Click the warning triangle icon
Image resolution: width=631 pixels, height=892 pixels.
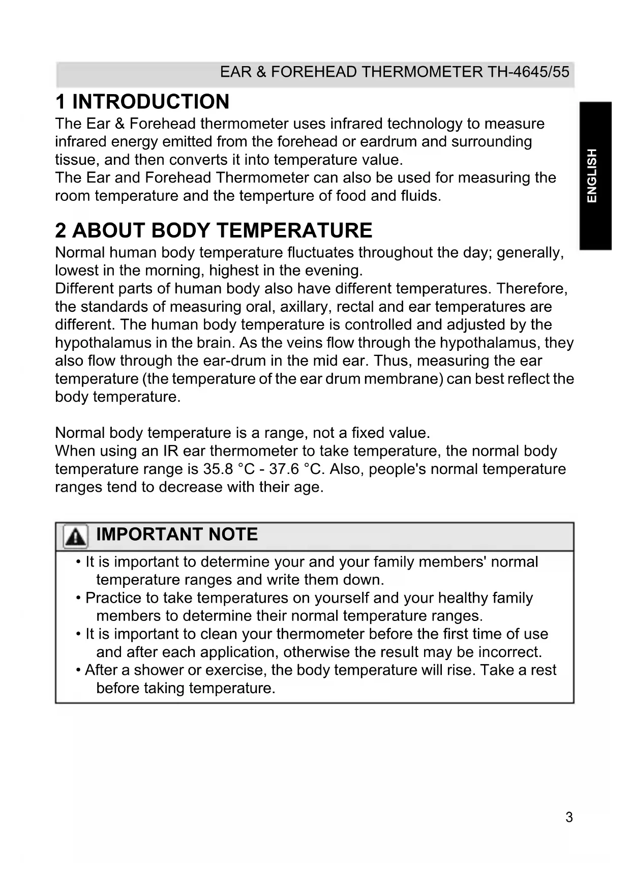75,537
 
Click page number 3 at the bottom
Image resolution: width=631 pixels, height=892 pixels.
569,817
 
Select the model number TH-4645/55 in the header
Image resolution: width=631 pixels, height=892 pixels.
529,72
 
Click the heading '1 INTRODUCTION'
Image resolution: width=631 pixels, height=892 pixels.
142,102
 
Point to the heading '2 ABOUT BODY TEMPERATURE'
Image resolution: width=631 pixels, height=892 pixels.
214,230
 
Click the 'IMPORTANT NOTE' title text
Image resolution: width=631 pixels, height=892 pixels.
177,534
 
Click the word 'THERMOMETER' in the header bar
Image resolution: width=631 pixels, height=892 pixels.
422,72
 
